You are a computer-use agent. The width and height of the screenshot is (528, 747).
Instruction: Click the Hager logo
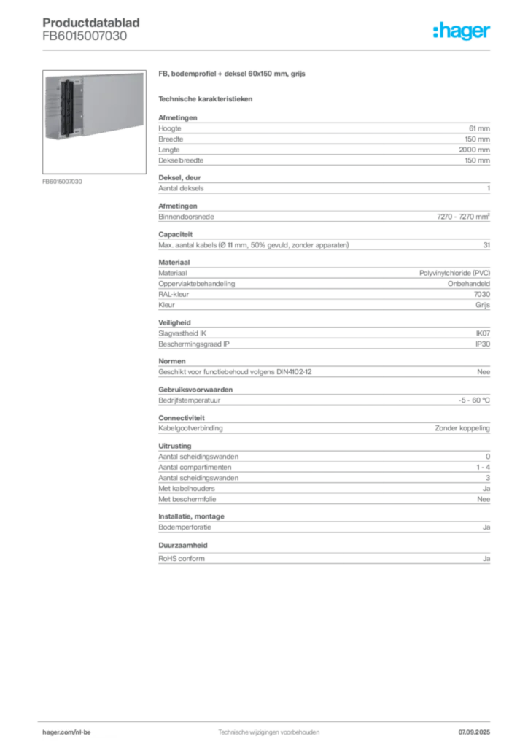(x=462, y=31)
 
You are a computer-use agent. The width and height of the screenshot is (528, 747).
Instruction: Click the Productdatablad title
(x=91, y=23)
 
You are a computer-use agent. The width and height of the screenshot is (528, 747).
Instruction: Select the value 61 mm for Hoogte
(x=479, y=128)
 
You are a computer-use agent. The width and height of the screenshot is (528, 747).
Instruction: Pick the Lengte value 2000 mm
(x=474, y=150)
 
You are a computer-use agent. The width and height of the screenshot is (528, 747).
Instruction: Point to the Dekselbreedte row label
(x=181, y=160)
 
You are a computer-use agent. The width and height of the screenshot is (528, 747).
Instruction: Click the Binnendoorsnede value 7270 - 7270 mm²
(x=463, y=216)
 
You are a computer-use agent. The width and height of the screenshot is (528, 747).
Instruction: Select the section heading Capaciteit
(x=176, y=234)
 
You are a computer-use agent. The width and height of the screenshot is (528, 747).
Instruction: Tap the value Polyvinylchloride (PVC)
(x=454, y=273)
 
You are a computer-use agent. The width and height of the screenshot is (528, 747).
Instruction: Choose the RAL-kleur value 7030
(x=482, y=295)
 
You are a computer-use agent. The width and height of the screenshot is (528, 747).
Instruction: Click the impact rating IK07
(x=483, y=333)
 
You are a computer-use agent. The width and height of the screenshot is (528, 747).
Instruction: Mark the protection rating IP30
(x=483, y=344)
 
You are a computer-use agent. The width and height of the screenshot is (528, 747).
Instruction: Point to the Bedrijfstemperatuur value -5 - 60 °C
(x=474, y=400)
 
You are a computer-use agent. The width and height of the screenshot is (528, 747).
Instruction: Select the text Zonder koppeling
(x=462, y=428)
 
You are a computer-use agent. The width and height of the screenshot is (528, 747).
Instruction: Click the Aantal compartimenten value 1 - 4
(x=484, y=468)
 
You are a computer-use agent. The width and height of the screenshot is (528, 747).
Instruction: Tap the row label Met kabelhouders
(x=187, y=488)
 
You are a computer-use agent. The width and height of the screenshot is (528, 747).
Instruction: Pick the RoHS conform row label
(x=182, y=558)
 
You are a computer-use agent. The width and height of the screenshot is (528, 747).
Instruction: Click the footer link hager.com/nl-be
(x=66, y=732)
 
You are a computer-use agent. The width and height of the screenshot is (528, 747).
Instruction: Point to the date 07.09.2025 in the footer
(x=474, y=732)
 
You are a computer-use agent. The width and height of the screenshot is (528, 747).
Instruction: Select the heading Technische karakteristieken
(x=205, y=99)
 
